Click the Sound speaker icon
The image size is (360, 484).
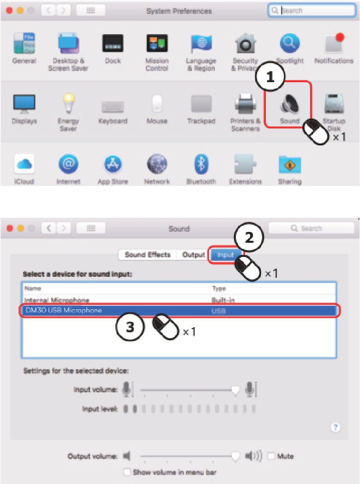point(289,105)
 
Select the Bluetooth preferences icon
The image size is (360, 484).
point(201,164)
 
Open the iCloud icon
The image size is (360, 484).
point(24,164)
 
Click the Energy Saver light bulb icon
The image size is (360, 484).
point(68,103)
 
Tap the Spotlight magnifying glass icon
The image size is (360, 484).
point(290,44)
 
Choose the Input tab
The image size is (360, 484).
point(225,255)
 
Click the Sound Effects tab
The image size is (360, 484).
point(148,255)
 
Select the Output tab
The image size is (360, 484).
point(193,255)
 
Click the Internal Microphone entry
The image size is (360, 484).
point(57,300)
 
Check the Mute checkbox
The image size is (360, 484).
point(271,456)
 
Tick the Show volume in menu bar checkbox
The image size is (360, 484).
point(127,472)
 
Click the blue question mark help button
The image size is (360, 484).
point(336,427)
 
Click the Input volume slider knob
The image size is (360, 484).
point(235,391)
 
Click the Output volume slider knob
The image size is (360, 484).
point(235,456)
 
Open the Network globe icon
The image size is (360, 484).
point(157,164)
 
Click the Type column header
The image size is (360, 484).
point(218,288)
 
